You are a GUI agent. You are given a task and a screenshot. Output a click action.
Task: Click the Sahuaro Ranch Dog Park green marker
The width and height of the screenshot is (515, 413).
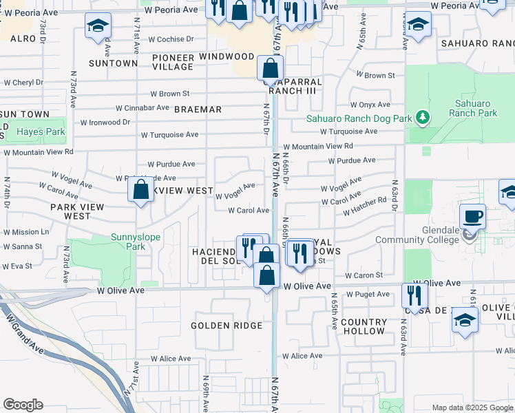pyautogui.click(x=423, y=118)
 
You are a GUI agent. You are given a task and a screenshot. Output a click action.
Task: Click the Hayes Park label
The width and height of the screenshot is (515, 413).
pyautogui.click(x=41, y=131)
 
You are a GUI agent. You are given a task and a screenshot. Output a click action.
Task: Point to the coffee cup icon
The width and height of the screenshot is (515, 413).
pyautogui.click(x=473, y=218)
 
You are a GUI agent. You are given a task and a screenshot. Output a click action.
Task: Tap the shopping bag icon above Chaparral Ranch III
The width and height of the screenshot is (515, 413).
pyautogui.click(x=270, y=69)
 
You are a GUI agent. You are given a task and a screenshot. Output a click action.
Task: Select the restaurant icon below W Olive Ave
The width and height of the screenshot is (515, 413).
pyautogui.click(x=413, y=296)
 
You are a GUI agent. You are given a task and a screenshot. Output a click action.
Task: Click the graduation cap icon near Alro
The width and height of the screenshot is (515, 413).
pyautogui.click(x=97, y=27)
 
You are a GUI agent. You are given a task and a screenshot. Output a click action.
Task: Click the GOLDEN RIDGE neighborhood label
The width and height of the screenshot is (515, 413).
pyautogui.click(x=227, y=326)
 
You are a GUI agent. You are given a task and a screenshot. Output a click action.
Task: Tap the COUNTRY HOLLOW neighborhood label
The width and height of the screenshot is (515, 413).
pyautogui.click(x=364, y=326)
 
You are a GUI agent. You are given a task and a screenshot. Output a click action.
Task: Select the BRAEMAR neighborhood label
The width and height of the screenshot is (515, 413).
pyautogui.click(x=198, y=109)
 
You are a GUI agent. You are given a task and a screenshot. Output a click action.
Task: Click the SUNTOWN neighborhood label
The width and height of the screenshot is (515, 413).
pyautogui.click(x=114, y=63)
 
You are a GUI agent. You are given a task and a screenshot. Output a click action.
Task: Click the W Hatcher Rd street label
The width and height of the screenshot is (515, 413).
pyautogui.click(x=365, y=206)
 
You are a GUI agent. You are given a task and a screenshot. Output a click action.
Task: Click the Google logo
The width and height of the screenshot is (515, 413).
pyautogui.click(x=23, y=405)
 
